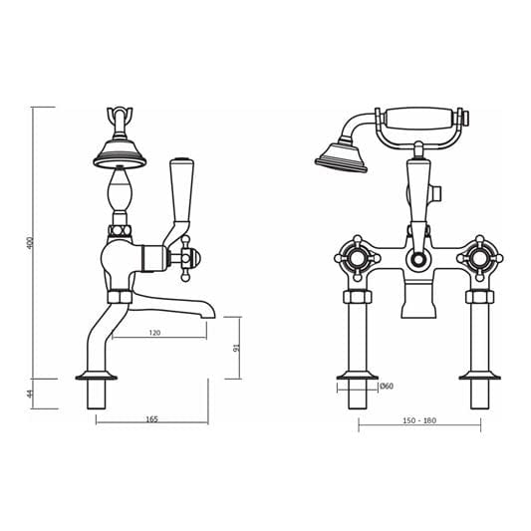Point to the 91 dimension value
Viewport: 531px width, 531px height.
236,348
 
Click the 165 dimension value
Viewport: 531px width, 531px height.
151,418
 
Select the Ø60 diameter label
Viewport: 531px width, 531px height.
386,386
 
